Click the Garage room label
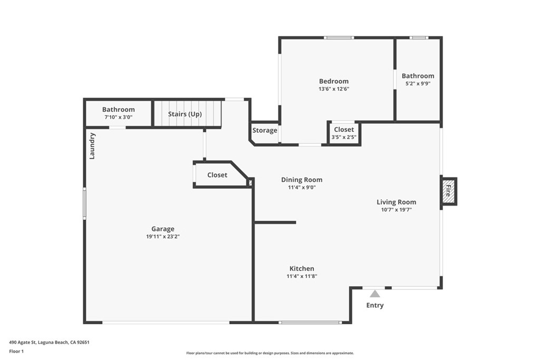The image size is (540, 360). click(162, 229)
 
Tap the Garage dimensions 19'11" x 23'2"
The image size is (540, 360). click(162, 237)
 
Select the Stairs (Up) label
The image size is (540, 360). click(185, 114)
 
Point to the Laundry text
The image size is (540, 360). click(92, 146)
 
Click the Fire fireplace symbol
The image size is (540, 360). click(449, 191)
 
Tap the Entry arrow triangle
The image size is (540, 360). click(374, 294)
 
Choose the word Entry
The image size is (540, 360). click(374, 305)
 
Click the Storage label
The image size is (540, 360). click(264, 130)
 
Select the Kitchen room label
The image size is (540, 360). click(302, 268)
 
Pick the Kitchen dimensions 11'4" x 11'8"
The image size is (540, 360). click(302, 276)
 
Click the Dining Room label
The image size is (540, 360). click(302, 180)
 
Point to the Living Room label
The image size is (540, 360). click(396, 202)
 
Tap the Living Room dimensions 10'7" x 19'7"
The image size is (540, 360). click(396, 210)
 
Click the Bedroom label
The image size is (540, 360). click(334, 81)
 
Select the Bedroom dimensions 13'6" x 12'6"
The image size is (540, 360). click(334, 89)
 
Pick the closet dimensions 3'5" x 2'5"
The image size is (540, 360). click(344, 137)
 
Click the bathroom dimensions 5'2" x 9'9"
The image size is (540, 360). click(418, 84)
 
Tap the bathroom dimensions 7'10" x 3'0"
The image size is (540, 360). click(118, 117)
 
